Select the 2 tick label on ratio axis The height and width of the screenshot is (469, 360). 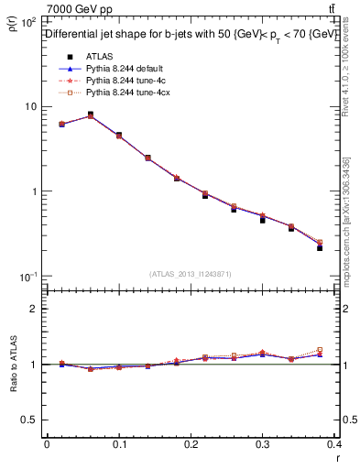pos(37,309)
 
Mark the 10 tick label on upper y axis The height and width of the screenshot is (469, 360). pos(30,107)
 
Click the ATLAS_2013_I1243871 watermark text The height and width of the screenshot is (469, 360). pos(191,274)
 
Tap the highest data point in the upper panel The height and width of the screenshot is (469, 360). pos(90,115)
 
